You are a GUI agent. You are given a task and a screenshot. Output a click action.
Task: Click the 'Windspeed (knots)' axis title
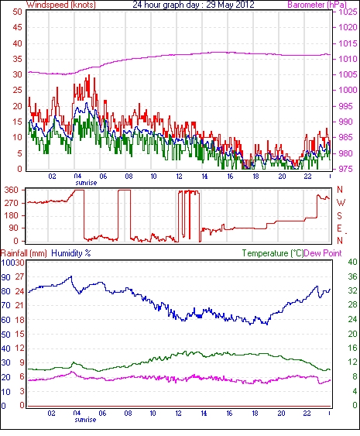pyautogui.click(x=61, y=5)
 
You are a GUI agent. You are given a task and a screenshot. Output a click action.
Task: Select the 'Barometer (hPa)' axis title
pyautogui.click(x=317, y=5)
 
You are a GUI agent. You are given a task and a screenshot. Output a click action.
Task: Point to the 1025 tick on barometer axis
pyautogui.click(x=348, y=12)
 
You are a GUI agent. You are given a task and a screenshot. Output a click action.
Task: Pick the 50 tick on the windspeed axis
pyautogui.click(x=17, y=12)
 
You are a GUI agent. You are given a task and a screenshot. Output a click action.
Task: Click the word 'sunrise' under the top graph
pyautogui.click(x=86, y=183)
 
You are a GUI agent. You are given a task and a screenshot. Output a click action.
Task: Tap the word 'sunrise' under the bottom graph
pyautogui.click(x=85, y=420)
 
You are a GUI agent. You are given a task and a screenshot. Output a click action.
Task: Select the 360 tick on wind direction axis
pyautogui.click(x=12, y=191)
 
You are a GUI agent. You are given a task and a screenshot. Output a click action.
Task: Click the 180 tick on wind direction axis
pyautogui.click(x=12, y=215)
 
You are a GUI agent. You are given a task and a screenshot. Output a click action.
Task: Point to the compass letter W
pyautogui.click(x=341, y=203)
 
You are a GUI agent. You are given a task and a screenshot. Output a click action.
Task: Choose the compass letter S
pyautogui.click(x=339, y=215)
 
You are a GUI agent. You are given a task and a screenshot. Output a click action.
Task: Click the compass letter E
pyautogui.click(x=339, y=228)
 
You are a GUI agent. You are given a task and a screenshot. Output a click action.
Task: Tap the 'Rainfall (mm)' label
pyautogui.click(x=24, y=253)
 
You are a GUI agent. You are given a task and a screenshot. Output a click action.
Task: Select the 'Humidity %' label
pyautogui.click(x=71, y=253)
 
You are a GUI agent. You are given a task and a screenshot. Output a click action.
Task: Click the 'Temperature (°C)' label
pyautogui.click(x=273, y=253)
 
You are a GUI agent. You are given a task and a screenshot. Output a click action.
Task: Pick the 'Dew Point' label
pyautogui.click(x=323, y=253)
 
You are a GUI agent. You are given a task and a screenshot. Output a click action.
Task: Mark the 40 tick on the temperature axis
pyautogui.click(x=353, y=262)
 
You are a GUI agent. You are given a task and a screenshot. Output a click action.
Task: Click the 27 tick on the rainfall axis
pyautogui.click(x=19, y=277)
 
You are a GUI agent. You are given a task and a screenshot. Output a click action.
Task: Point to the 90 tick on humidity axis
pyautogui.click(x=6, y=277)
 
